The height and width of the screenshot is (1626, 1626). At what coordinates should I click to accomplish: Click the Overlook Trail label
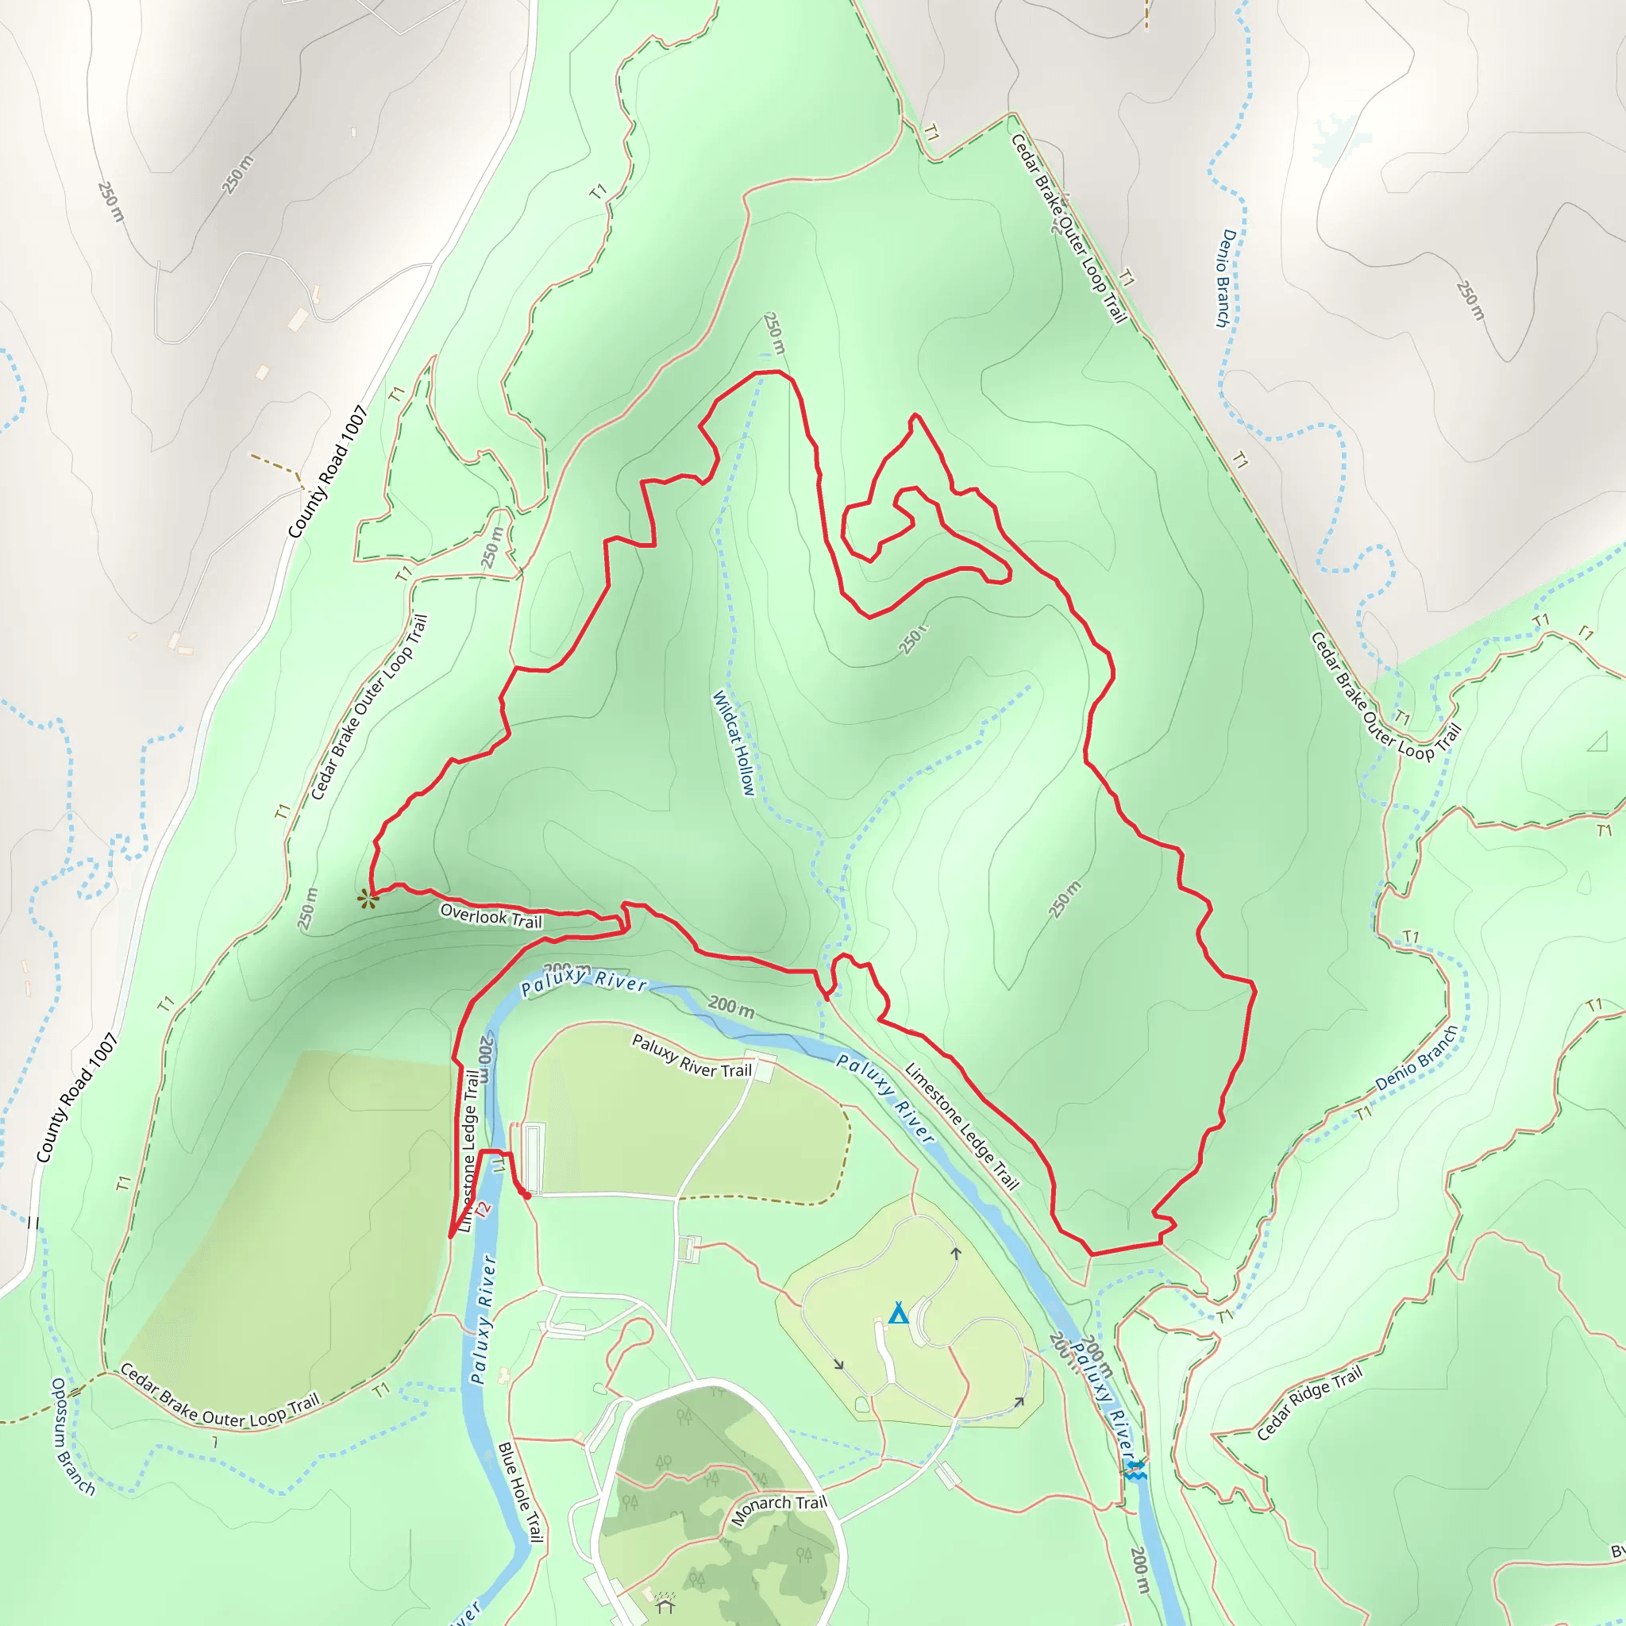(491, 915)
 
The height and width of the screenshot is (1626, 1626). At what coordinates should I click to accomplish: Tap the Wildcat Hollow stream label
(734, 742)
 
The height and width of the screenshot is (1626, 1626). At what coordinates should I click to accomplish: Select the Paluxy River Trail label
(692, 1056)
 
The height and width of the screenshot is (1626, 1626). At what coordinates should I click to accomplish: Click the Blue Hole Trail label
(520, 1491)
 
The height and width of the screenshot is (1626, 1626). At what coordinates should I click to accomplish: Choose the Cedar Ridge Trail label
(1308, 1403)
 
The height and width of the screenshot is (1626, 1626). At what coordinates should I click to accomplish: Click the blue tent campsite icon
(898, 1313)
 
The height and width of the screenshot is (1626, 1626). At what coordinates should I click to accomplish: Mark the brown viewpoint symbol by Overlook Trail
(367, 900)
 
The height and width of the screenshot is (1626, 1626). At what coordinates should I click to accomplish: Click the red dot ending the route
(527, 1195)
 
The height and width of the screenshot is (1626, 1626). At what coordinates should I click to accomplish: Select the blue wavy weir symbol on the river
(1135, 1470)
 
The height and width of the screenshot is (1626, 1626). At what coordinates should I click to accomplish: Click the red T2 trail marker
(482, 1208)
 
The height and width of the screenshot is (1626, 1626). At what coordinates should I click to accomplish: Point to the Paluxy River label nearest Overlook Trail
(584, 981)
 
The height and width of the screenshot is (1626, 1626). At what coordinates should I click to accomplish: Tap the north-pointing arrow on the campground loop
(956, 1253)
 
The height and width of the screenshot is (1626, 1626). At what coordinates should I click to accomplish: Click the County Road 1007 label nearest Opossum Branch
(76, 1098)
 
